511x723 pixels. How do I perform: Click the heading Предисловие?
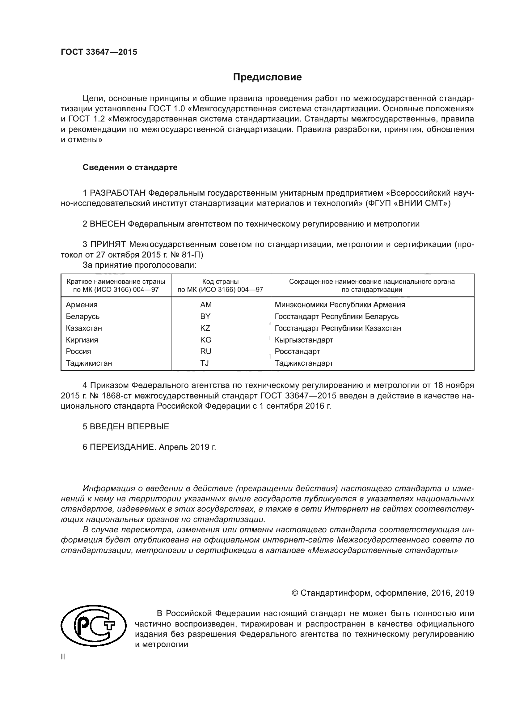point(267,77)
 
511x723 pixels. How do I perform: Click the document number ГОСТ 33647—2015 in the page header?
point(99,52)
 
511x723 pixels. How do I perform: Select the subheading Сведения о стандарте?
point(130,167)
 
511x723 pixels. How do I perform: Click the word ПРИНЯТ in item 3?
point(108,244)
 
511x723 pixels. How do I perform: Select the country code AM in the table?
point(206,304)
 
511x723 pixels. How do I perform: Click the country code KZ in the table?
point(205,328)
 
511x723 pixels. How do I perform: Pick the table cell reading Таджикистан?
point(89,363)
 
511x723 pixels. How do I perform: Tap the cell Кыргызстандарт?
point(304,340)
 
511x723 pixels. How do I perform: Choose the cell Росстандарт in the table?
point(297,351)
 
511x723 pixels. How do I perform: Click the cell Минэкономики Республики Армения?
point(340,304)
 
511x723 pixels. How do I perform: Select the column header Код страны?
point(220,282)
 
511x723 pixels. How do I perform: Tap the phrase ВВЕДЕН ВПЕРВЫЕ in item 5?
point(129,426)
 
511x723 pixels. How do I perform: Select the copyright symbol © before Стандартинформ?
point(295,593)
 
